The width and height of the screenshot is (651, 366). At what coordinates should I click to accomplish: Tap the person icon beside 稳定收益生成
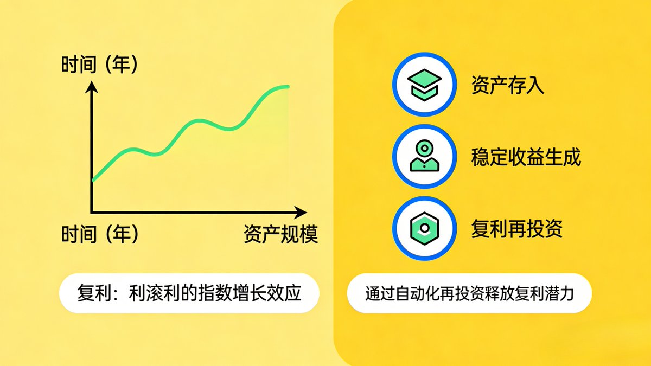425,157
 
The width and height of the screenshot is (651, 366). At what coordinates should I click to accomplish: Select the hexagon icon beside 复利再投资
425,229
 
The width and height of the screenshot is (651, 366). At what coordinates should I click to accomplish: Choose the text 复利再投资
517,229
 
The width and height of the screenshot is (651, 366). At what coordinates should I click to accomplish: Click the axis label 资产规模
280,235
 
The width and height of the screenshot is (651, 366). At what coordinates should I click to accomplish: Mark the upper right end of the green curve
288,86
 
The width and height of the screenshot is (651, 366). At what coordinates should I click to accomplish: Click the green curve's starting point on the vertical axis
93,179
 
